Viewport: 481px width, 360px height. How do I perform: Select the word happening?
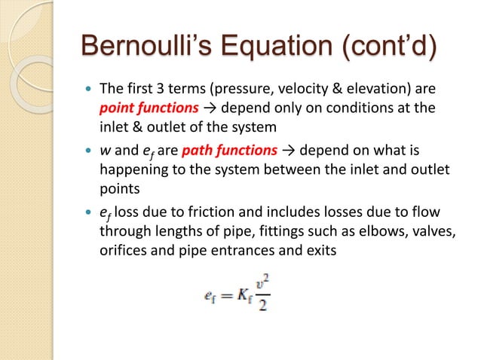click(132, 176)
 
